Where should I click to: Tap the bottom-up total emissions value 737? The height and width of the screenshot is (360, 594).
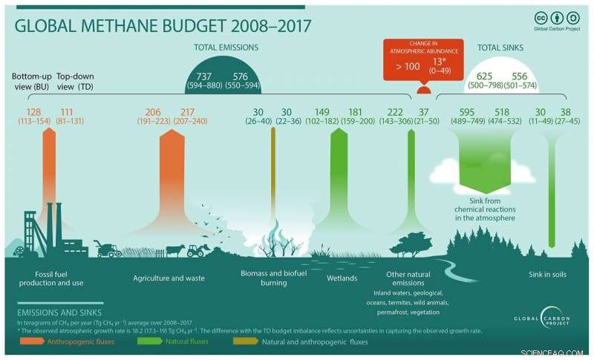pos(203,76)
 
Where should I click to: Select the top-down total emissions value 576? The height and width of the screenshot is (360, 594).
pos(241,76)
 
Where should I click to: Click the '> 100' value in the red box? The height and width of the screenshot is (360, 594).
pos(408,67)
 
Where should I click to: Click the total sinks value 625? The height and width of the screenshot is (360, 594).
pos(485,76)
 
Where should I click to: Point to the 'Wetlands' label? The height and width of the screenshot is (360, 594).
pos(342,278)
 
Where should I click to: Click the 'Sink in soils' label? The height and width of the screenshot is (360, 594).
pos(549,274)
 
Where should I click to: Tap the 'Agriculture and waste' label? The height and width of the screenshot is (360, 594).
pos(169,278)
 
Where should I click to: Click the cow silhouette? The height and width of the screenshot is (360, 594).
pos(175,250)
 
